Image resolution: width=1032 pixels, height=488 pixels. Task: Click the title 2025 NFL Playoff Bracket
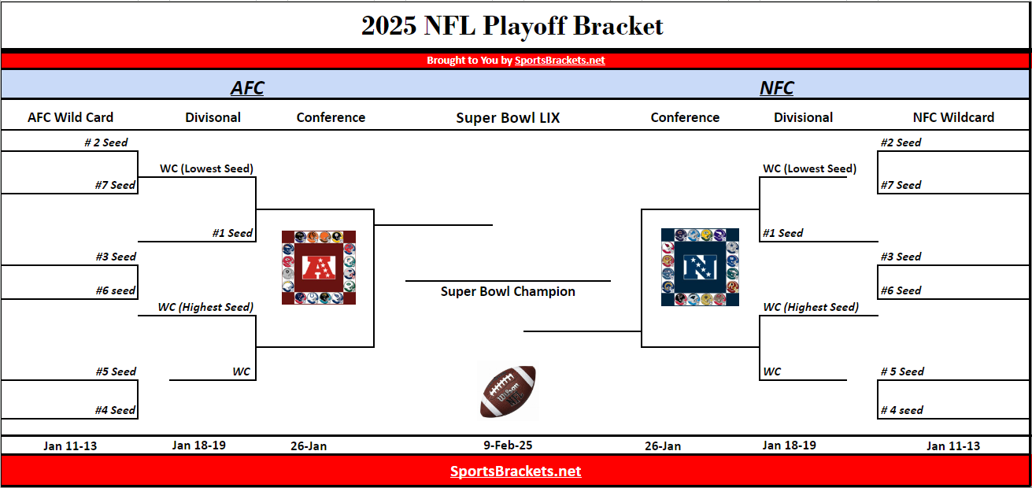pos(512,26)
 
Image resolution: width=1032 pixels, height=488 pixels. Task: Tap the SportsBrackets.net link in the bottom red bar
pos(516,471)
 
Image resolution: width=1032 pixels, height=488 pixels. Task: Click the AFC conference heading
pos(247,88)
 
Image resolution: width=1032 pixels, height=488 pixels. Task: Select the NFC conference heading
pos(776,88)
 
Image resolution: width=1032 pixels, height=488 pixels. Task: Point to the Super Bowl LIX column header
pos(508,118)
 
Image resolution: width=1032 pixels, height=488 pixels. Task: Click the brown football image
pos(508,391)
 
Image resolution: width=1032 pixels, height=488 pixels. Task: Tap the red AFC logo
pos(319,268)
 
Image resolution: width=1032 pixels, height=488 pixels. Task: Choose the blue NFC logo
pos(700,268)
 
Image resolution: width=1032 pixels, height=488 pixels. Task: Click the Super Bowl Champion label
pos(508,291)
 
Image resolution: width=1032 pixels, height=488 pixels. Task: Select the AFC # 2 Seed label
pos(105,142)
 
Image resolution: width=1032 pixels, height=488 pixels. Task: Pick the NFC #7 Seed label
pos(901,185)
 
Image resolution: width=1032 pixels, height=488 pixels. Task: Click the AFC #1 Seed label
pos(232,233)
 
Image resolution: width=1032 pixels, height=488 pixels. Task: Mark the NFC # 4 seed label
pos(901,410)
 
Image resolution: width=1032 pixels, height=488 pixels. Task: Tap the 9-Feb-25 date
pos(508,445)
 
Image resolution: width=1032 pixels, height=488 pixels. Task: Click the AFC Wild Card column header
pos(70,117)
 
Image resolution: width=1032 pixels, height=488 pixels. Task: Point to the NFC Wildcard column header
pos(953,117)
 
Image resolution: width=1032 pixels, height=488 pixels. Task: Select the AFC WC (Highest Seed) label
pos(205,307)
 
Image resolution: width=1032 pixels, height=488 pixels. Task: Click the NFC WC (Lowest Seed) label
pos(809,168)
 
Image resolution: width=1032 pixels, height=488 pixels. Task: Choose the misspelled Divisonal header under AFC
pos(213,117)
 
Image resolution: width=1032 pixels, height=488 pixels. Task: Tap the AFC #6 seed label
pos(116,290)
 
